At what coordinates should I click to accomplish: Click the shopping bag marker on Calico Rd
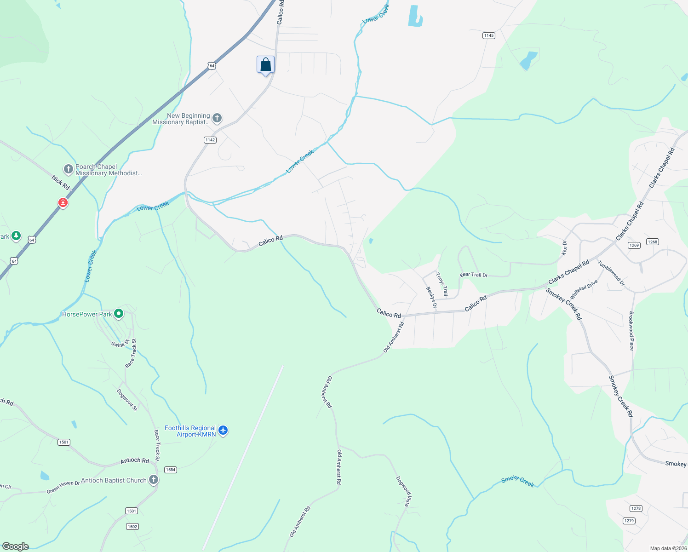(x=265, y=64)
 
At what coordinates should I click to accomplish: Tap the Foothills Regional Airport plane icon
(x=223, y=431)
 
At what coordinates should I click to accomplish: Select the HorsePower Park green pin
(x=119, y=314)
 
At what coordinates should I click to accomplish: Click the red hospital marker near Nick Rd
(x=63, y=202)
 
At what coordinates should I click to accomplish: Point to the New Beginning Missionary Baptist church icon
(x=217, y=118)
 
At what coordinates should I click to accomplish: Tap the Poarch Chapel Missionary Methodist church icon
(x=69, y=169)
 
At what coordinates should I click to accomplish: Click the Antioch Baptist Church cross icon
(x=154, y=480)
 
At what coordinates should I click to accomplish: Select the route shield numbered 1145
(x=488, y=35)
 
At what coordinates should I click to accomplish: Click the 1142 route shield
(x=210, y=140)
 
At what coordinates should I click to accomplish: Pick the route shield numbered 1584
(x=171, y=470)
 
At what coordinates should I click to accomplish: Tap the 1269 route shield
(x=634, y=245)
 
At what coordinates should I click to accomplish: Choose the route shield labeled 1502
(x=132, y=527)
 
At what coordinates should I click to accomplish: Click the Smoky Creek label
(x=517, y=481)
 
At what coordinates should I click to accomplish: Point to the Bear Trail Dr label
(x=473, y=275)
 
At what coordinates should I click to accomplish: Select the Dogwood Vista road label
(x=403, y=491)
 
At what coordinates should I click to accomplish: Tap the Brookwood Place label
(x=631, y=331)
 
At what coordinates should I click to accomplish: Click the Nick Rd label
(x=60, y=183)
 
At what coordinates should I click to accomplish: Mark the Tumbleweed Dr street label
(x=611, y=273)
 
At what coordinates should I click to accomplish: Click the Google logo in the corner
(x=16, y=546)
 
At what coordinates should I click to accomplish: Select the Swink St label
(x=120, y=344)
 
